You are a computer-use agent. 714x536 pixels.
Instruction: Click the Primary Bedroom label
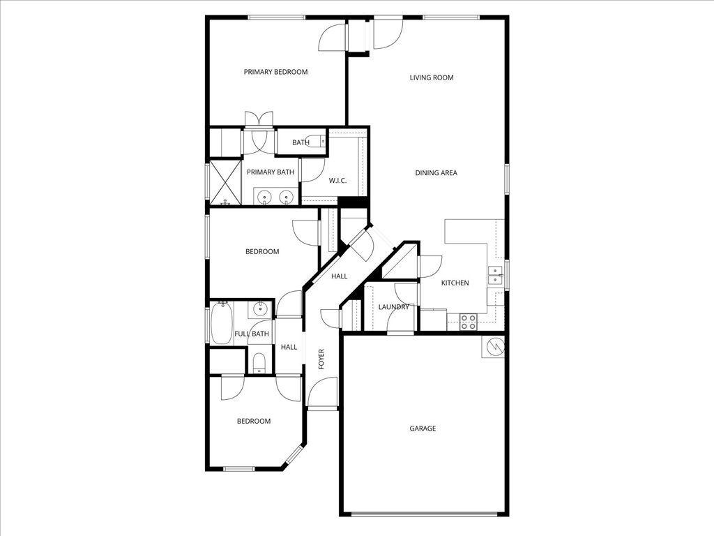pyautogui.click(x=275, y=72)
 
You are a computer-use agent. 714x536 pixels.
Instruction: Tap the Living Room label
pyautogui.click(x=432, y=77)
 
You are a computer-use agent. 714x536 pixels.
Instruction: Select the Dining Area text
pyautogui.click(x=436, y=172)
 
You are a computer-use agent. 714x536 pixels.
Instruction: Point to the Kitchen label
pyautogui.click(x=455, y=283)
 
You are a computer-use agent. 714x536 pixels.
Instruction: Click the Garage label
pyautogui.click(x=423, y=428)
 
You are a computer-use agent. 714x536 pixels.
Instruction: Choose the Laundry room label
pyautogui.click(x=393, y=307)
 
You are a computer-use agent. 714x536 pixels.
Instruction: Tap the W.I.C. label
pyautogui.click(x=338, y=181)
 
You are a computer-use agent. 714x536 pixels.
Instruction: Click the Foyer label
pyautogui.click(x=321, y=359)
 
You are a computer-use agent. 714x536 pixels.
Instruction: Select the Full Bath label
pyautogui.click(x=252, y=334)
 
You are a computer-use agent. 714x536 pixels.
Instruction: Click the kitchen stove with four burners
pyautogui.click(x=468, y=322)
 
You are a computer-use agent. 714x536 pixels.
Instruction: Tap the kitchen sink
pyautogui.click(x=496, y=276)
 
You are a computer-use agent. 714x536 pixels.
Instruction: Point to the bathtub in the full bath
pyautogui.click(x=222, y=323)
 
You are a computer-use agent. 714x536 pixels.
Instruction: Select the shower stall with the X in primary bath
pyautogui.click(x=225, y=182)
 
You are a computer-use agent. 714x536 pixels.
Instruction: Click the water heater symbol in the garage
pyautogui.click(x=492, y=347)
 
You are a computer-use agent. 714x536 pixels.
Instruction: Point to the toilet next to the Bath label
pyautogui.click(x=320, y=142)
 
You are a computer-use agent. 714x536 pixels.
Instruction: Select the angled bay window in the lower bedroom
pyautogui.click(x=294, y=455)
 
